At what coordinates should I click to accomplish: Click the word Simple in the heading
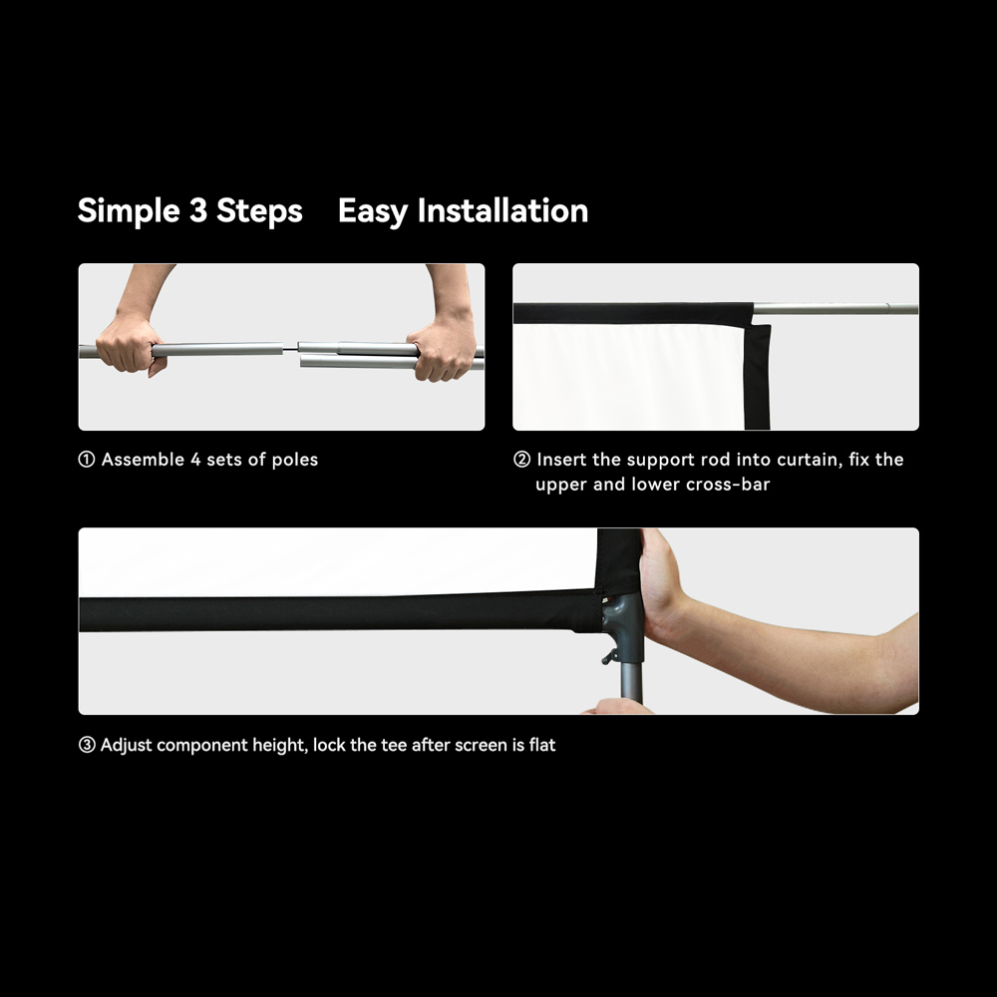(129, 211)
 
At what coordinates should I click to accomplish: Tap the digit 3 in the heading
(197, 210)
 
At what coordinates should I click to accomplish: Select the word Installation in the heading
(502, 210)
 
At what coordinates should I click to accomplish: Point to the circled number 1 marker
(86, 459)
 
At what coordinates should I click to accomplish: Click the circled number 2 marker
(521, 459)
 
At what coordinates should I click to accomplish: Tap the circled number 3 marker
(87, 745)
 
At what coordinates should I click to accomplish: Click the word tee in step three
(394, 745)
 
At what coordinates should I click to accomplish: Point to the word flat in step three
(542, 745)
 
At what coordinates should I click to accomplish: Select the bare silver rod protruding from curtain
(835, 309)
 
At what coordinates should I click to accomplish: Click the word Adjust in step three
(127, 745)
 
